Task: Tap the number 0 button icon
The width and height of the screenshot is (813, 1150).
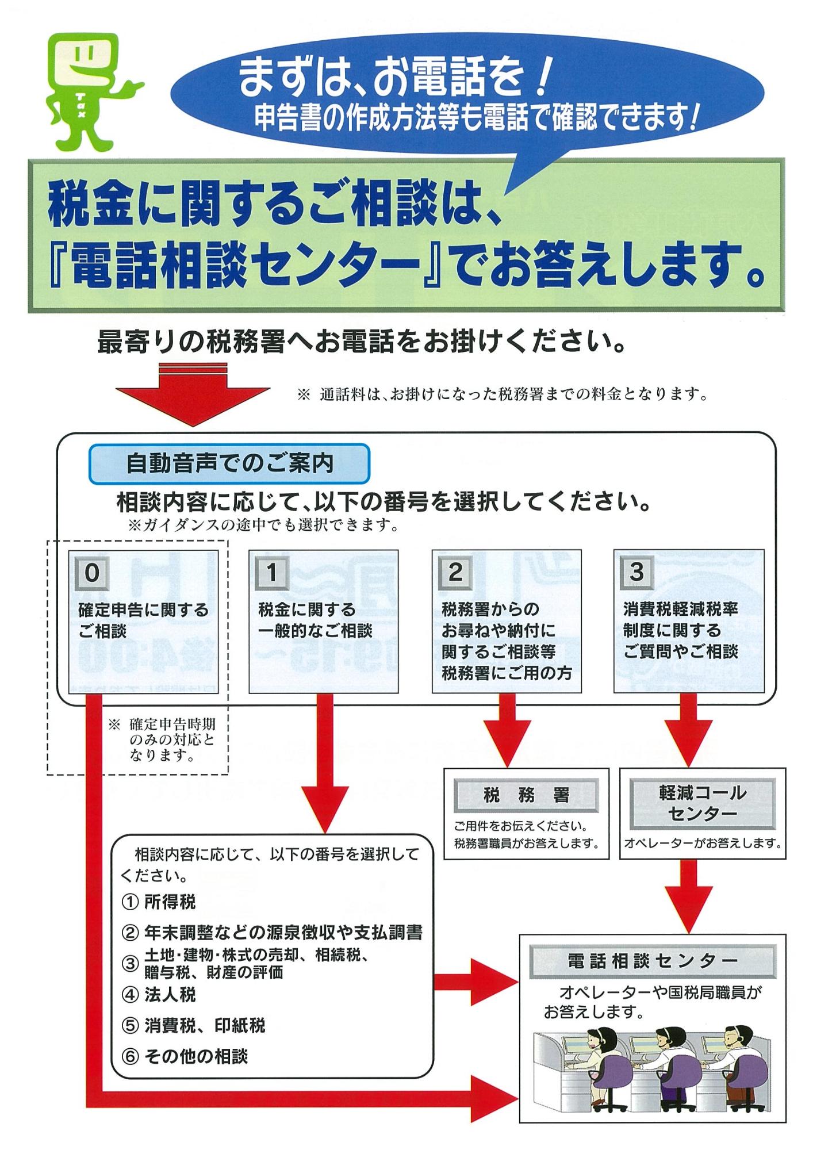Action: [x=91, y=572]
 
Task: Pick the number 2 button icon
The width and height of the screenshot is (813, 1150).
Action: [x=455, y=572]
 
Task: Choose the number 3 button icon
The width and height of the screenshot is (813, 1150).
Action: [x=636, y=572]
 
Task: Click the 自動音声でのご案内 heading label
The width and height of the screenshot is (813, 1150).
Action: [x=229, y=463]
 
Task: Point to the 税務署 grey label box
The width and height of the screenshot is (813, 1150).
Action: [x=526, y=795]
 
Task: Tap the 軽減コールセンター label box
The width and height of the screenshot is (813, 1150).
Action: [x=702, y=803]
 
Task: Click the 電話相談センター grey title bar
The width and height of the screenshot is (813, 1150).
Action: [x=652, y=961]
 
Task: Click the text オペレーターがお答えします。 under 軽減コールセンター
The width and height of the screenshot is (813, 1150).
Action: [x=703, y=844]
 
